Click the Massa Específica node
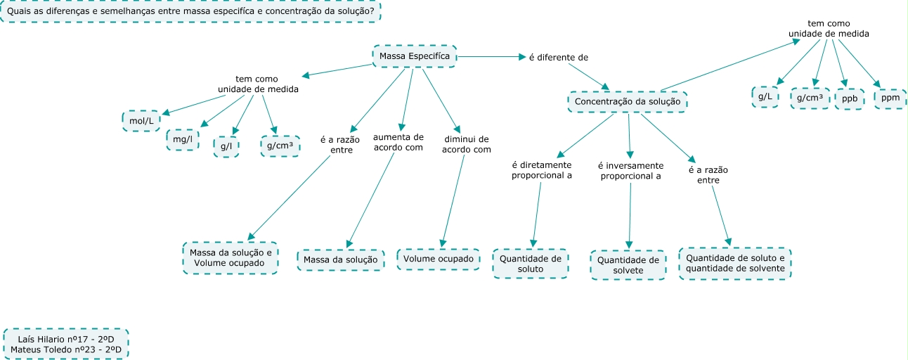414,56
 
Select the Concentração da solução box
627,102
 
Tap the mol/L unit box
141,121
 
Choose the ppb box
850,99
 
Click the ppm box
890,98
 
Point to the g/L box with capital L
765,97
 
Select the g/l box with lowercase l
226,146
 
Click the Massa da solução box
341,260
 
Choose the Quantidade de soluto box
531,264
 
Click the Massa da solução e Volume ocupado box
229,258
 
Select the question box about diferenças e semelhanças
190,11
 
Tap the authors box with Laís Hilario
66,343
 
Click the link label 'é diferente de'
558,56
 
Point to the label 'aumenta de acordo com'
398,143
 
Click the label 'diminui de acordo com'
466,144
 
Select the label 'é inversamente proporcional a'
629,171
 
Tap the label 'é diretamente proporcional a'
541,171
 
